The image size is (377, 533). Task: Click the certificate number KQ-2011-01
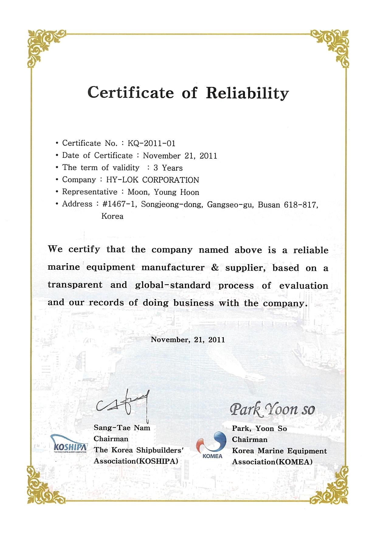(x=151, y=143)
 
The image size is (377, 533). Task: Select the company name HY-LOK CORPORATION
(x=152, y=180)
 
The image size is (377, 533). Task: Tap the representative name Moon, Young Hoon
(x=163, y=192)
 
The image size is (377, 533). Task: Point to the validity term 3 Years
(x=168, y=168)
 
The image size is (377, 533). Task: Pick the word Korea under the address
(x=112, y=216)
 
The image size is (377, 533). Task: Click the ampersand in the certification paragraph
(x=215, y=268)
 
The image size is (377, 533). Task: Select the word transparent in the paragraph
(x=75, y=285)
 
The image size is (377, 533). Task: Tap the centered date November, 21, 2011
(x=188, y=340)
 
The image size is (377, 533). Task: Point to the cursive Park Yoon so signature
(x=272, y=409)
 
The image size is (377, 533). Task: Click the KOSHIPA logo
(x=70, y=444)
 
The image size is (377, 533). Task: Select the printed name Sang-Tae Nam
(x=122, y=428)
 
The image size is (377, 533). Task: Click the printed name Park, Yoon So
(x=259, y=429)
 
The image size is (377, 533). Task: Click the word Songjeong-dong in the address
(x=172, y=205)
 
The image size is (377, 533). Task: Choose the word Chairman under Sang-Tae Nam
(x=111, y=439)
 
